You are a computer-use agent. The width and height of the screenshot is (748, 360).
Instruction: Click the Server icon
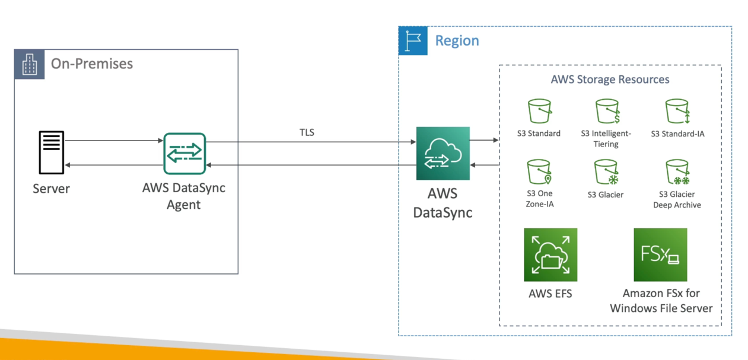point(52,152)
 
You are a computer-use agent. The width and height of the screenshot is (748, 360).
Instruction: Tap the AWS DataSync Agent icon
point(184,154)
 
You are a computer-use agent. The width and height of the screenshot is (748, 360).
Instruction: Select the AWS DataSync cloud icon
point(443,153)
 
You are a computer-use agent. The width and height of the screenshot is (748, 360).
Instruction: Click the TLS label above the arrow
point(307,132)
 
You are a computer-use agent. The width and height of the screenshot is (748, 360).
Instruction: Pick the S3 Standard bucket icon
point(539,111)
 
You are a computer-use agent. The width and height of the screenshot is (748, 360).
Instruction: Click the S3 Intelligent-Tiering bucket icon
point(607,111)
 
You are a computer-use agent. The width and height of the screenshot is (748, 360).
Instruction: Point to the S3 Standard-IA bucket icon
point(677,111)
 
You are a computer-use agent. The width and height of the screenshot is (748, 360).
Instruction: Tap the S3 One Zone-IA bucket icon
point(539,172)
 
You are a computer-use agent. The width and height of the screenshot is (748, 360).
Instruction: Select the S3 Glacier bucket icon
point(606,172)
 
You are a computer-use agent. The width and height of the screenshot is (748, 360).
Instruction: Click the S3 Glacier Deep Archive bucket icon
point(677,172)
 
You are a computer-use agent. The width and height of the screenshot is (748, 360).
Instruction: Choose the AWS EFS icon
point(550,254)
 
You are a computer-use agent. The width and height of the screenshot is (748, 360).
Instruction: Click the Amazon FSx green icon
point(660,254)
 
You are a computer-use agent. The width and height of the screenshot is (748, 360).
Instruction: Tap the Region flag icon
point(413,41)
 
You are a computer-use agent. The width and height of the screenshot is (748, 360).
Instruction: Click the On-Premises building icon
point(30,64)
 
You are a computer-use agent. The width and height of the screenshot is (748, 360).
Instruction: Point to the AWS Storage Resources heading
point(610,79)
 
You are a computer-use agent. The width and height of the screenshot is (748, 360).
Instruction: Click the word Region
point(457,41)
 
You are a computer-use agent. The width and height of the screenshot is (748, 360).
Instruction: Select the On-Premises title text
point(92,64)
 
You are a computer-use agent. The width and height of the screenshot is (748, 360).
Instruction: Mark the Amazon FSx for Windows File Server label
point(661,301)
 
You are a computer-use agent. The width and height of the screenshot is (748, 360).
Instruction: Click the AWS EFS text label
point(550,294)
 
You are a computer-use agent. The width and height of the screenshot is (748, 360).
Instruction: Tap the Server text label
point(51,189)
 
